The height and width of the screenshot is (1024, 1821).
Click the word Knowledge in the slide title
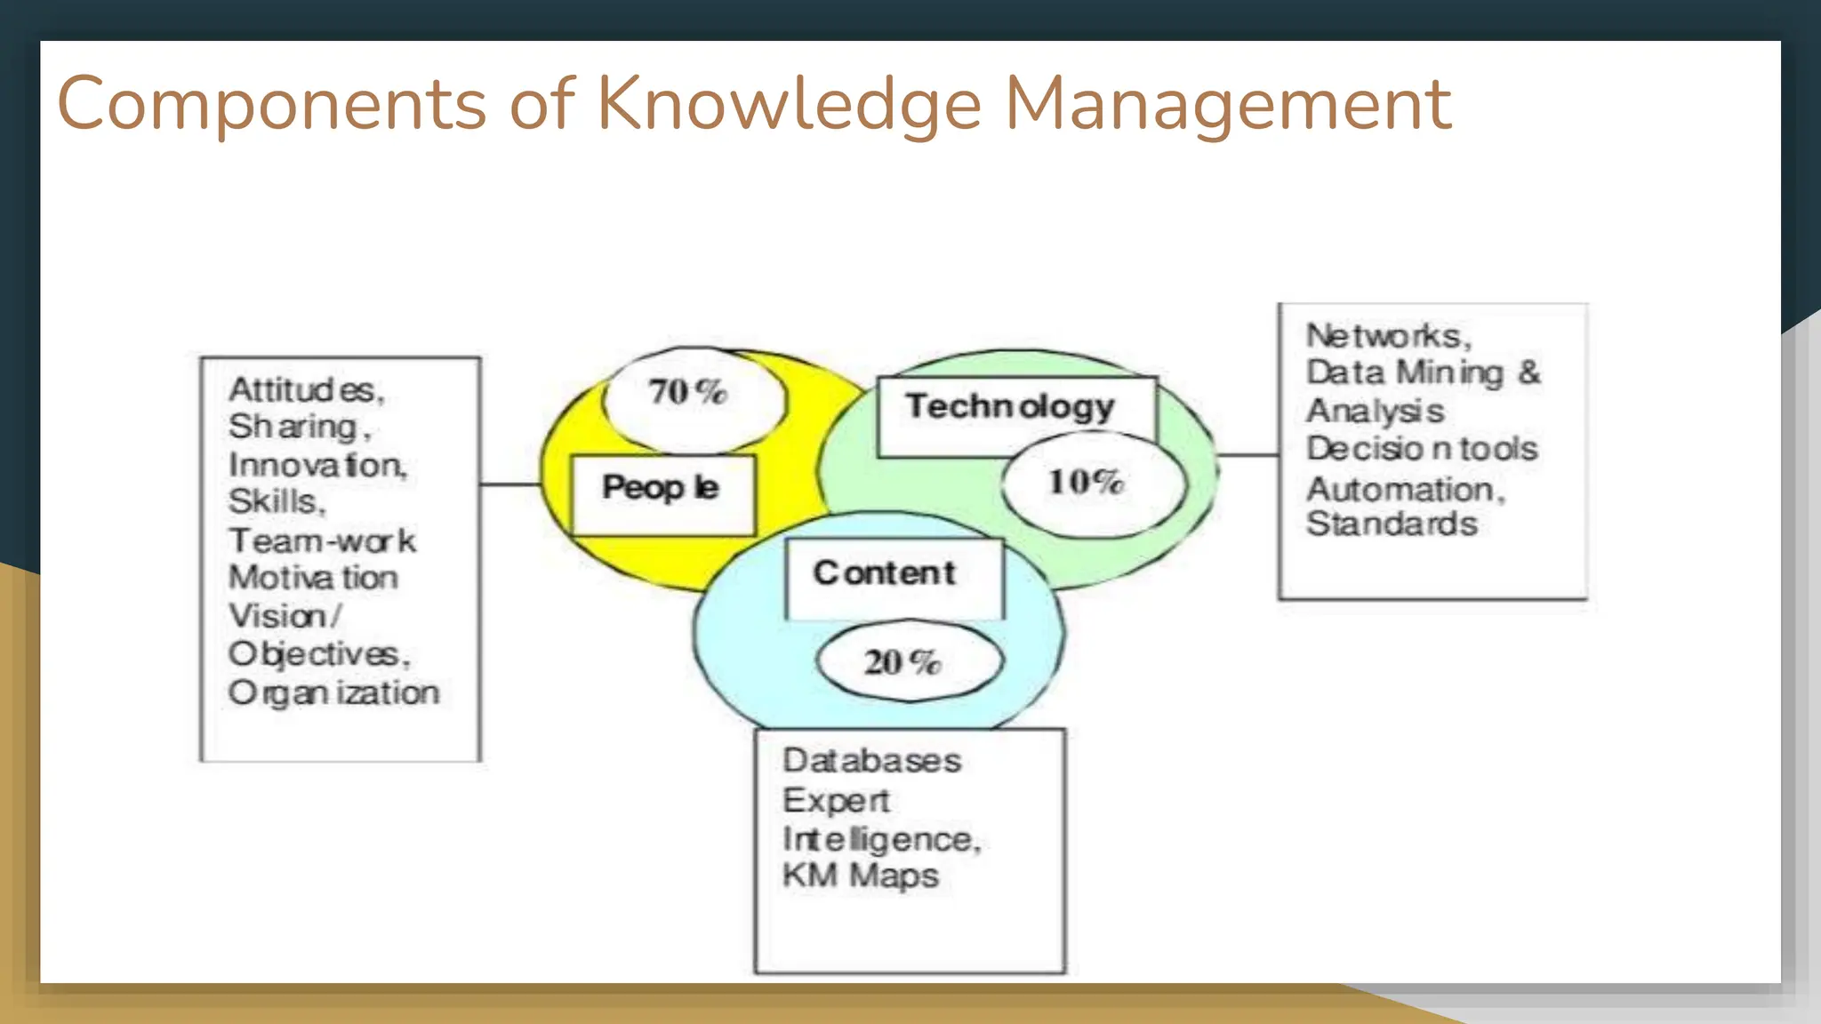click(x=789, y=106)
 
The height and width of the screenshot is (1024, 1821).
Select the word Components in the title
click(x=271, y=106)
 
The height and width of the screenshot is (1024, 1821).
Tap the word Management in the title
click(x=1227, y=106)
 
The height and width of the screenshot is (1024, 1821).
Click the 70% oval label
click(x=688, y=392)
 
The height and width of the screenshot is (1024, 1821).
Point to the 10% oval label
click(x=1087, y=482)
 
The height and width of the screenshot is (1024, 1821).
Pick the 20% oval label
click(x=902, y=662)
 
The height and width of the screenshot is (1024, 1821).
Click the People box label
click(x=661, y=487)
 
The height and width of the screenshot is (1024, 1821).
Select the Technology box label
click(x=1010, y=406)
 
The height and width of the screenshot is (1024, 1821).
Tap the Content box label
click(x=885, y=573)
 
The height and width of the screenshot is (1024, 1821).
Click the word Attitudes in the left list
click(x=306, y=390)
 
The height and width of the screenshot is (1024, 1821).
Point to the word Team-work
click(x=322, y=540)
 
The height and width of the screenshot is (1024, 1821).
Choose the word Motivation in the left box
click(x=313, y=578)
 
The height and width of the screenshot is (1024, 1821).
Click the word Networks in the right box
click(x=1388, y=336)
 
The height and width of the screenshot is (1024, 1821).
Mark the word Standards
click(x=1392, y=524)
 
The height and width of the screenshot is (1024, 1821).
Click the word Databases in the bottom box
click(x=871, y=761)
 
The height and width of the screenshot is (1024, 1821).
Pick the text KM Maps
click(x=860, y=876)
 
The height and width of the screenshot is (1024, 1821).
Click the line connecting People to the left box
click(x=510, y=484)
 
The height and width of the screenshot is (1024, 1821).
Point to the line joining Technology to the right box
click(x=1247, y=455)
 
